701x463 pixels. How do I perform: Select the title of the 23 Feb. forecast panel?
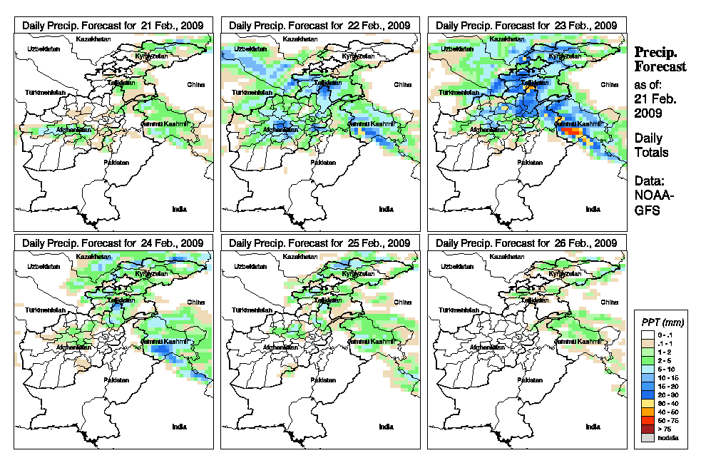coord(526,25)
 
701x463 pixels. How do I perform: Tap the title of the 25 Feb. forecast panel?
coord(319,243)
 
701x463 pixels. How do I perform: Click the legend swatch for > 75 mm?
coord(647,429)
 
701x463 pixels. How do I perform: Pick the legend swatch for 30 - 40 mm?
coord(647,403)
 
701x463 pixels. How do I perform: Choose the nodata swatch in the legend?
coord(647,437)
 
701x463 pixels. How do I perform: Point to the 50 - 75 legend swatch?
coord(647,420)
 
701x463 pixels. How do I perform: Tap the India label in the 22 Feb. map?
coord(386,209)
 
